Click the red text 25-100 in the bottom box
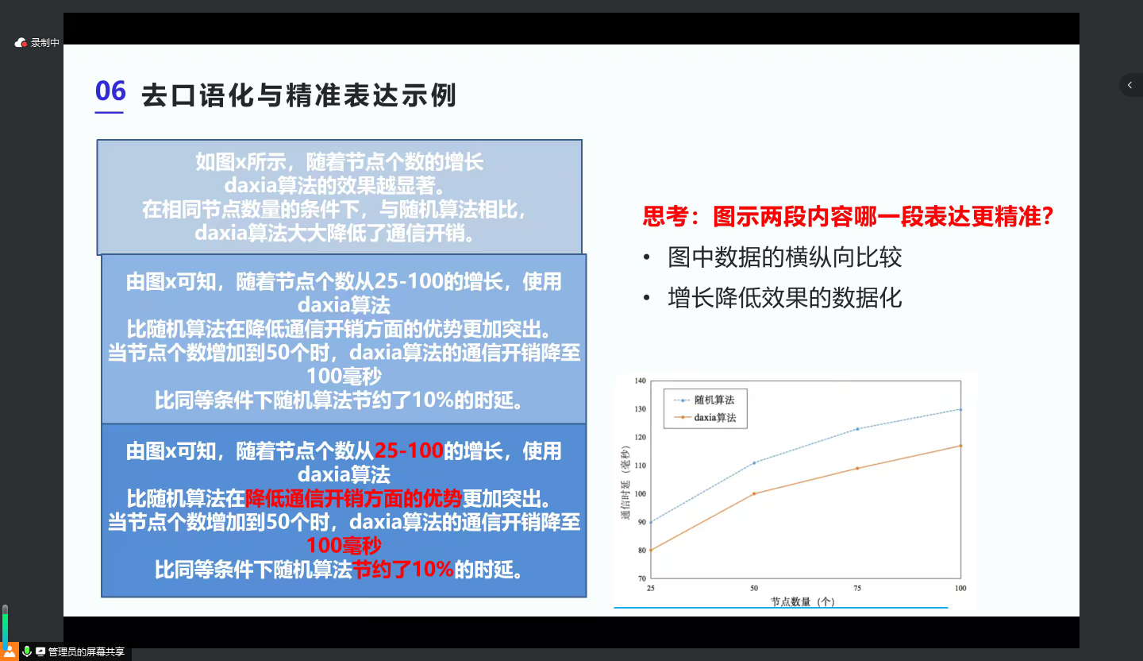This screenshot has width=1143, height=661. [409, 450]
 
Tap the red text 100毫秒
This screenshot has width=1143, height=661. [344, 546]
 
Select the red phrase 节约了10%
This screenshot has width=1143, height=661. [402, 569]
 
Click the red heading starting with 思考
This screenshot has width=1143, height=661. [848, 216]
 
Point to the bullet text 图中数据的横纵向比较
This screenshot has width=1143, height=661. [785, 257]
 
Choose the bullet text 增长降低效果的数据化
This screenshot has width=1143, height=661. [785, 298]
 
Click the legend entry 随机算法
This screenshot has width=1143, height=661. [714, 400]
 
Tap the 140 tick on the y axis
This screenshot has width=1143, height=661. [640, 381]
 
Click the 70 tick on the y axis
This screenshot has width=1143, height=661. [642, 578]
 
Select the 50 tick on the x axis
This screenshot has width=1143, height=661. [754, 588]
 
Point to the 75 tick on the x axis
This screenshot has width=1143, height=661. [857, 588]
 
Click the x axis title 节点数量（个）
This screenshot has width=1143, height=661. [802, 601]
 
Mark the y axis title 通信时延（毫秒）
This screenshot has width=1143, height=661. [625, 483]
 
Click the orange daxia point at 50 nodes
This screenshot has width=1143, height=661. [754, 493]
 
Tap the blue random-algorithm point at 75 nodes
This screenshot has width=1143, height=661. [857, 429]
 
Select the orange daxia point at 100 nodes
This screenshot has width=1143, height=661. [960, 446]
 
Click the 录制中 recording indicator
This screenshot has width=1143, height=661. [37, 42]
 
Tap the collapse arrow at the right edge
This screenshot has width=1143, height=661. [1130, 85]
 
